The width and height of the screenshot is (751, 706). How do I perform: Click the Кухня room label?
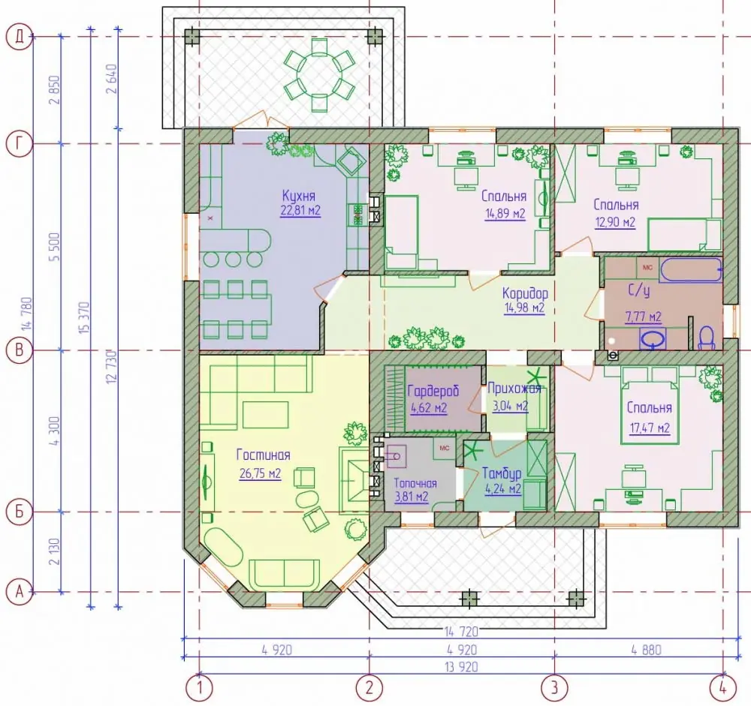click(298, 197)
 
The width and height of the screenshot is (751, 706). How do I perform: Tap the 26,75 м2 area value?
click(260, 474)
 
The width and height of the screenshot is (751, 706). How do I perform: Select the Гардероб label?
click(433, 391)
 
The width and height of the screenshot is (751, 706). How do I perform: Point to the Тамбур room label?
click(502, 473)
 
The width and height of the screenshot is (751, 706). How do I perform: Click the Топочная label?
click(415, 483)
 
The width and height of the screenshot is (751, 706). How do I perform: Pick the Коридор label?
click(525, 293)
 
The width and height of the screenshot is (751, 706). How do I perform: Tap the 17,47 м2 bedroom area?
click(650, 428)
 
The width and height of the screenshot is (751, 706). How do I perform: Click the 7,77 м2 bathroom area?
click(644, 317)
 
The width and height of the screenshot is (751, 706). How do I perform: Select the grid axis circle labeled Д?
click(20, 37)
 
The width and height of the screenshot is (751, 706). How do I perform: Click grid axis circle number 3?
click(555, 688)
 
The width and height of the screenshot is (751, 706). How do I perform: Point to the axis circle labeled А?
click(20, 592)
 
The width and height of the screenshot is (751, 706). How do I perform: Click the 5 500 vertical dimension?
click(55, 247)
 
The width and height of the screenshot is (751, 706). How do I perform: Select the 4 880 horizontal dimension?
click(646, 650)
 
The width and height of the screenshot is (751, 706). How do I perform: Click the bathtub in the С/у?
click(690, 270)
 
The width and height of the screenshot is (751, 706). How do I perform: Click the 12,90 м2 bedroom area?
click(616, 222)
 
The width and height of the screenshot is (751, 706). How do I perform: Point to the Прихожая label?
click(514, 388)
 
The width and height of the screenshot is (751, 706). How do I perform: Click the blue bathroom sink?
click(653, 339)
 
